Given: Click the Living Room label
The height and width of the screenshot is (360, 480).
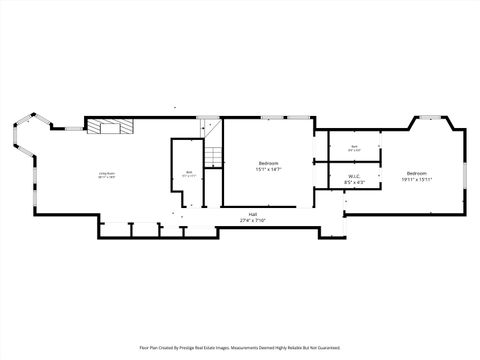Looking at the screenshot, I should pos(103,174).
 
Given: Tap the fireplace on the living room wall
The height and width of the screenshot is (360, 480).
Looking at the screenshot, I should pos(108,126).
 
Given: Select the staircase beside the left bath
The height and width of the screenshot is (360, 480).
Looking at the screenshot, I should pos(213,156).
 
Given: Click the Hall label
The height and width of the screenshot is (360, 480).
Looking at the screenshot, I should pos(255,214).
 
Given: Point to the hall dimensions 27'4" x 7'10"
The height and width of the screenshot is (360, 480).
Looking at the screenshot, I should pos(255,220).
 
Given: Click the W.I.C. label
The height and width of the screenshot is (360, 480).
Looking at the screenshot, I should pos(354,177).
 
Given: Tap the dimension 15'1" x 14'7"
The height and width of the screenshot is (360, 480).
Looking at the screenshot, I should pos(268,170).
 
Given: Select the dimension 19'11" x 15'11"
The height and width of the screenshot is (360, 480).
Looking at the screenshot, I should pos(416,179).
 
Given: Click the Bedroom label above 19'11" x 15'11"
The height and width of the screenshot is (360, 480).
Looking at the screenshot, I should pos(416,173).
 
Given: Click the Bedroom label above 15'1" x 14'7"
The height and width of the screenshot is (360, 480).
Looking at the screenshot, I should pos(268,163).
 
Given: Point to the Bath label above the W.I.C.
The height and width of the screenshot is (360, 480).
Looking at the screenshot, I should pos(354,147).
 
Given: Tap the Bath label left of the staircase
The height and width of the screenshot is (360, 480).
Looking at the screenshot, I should pos(189,172).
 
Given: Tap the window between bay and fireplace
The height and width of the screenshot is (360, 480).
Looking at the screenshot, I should pos(73,127).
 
